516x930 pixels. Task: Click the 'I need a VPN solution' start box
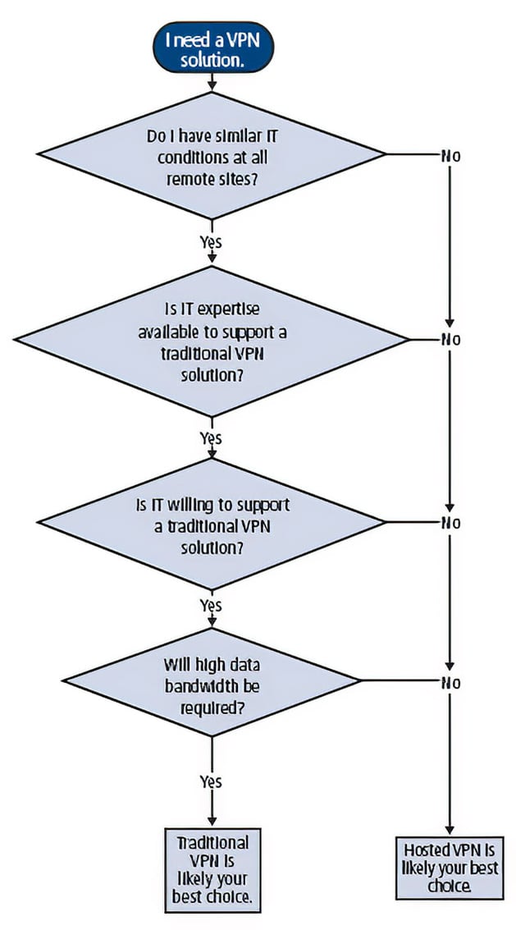(x=212, y=49)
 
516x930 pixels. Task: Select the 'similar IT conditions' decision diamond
(x=212, y=154)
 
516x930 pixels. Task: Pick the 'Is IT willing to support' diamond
(x=212, y=524)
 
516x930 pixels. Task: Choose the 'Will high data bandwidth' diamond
(x=212, y=683)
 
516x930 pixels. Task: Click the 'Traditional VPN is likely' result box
(x=212, y=870)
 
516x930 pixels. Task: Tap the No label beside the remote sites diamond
(x=451, y=155)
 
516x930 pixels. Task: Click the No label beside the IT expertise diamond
(x=451, y=340)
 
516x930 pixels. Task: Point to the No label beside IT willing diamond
(x=451, y=523)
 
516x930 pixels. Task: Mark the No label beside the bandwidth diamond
(x=451, y=683)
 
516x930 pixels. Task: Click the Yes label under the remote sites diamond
(x=211, y=242)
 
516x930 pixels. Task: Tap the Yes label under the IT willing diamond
(x=211, y=606)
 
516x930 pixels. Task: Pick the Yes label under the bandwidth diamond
(x=211, y=781)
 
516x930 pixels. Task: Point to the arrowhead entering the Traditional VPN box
(x=212, y=822)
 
